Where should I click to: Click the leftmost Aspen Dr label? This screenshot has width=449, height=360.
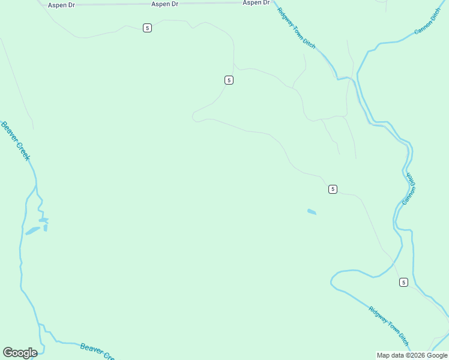[62, 5]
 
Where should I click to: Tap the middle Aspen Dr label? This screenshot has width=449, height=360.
[165, 4]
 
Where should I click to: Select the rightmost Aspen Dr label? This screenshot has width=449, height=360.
[256, 3]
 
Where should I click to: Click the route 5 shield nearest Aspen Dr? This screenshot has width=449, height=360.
[147, 28]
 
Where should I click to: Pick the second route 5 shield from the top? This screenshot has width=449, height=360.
[229, 80]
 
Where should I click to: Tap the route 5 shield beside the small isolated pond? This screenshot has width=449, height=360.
[333, 189]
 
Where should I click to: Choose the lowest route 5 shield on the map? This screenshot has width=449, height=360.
[403, 282]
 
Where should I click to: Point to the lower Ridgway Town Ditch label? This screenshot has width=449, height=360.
[389, 326]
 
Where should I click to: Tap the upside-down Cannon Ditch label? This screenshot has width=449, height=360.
[409, 188]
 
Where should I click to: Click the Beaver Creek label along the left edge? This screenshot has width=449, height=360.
[15, 141]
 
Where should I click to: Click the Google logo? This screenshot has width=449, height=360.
[20, 353]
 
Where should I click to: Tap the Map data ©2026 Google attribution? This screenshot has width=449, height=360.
[412, 355]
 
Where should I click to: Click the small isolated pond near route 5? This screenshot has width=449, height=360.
[312, 212]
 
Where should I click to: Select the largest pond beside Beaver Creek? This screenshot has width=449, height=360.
[32, 230]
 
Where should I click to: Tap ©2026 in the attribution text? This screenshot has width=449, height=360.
[415, 355]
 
